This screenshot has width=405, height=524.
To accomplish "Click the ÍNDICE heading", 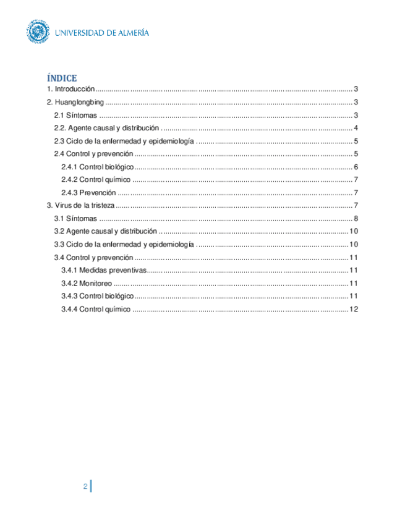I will click(62, 78).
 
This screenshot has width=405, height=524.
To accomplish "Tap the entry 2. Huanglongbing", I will click(75, 103).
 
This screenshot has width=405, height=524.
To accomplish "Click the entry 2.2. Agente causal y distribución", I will click(107, 129).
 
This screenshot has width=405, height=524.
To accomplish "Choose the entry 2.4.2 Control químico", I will click(96, 180).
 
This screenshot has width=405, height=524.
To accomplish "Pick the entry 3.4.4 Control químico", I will click(96, 309).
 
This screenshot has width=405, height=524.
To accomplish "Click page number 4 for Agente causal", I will click(357, 129).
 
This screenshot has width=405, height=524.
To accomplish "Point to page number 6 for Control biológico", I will click(357, 167).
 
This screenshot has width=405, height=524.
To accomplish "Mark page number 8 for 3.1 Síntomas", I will click(357, 219).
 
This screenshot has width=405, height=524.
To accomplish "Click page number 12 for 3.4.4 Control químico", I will click(354, 309).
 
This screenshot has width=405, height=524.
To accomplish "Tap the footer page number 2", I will click(85, 486).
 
